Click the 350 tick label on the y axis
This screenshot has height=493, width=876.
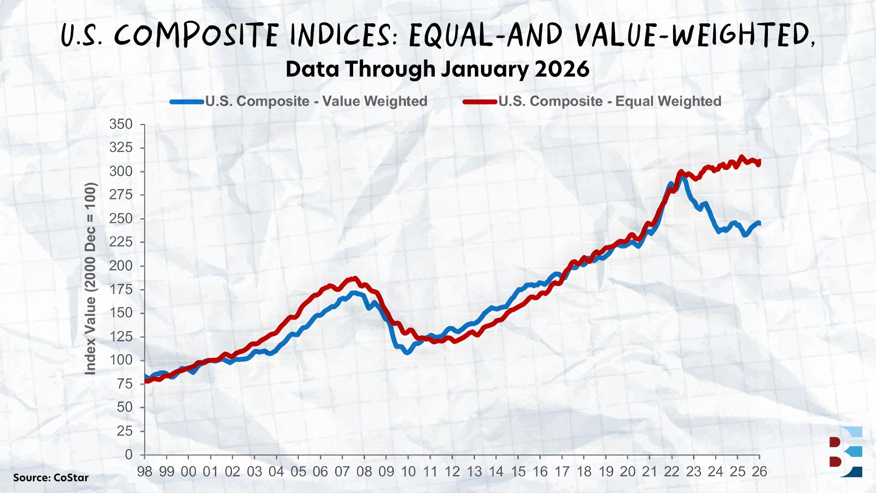(121, 124)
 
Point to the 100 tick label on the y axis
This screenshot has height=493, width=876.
(121, 360)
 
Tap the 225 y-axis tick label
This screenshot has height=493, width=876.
(121, 242)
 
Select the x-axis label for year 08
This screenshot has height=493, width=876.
(364, 472)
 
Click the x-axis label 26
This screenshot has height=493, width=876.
(759, 472)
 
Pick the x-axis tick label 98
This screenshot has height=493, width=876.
(145, 472)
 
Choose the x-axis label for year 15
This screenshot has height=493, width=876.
(518, 472)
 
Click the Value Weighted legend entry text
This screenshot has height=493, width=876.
(316, 101)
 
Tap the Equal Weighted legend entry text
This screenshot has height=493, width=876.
(610, 101)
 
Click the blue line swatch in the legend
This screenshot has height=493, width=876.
(187, 102)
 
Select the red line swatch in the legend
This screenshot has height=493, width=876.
(480, 102)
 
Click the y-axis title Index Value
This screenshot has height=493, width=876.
(90, 278)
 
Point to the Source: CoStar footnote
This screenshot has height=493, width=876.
(51, 477)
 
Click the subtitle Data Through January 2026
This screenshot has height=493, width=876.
(438, 69)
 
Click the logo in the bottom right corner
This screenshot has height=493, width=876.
(846, 452)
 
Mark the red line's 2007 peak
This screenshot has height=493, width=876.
(355, 278)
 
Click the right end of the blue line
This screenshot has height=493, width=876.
(759, 223)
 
